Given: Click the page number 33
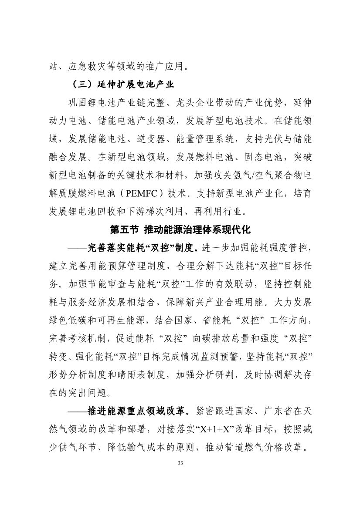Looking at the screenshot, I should pos(180,462).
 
